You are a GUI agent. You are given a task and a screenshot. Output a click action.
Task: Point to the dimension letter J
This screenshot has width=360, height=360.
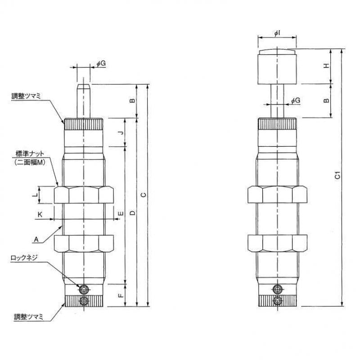point(120,133)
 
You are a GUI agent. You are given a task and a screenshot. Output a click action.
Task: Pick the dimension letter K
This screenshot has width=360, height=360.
point(40,215)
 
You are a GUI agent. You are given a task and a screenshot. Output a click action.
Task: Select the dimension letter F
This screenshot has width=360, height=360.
point(120,296)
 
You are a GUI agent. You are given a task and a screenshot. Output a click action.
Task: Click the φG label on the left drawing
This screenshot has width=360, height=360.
point(101,64)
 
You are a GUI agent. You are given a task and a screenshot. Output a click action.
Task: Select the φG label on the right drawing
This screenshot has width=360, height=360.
point(295,101)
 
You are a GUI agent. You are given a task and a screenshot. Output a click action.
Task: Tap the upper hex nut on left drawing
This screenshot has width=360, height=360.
point(84,195)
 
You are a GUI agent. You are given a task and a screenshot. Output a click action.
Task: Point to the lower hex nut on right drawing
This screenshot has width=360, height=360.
point(277,243)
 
